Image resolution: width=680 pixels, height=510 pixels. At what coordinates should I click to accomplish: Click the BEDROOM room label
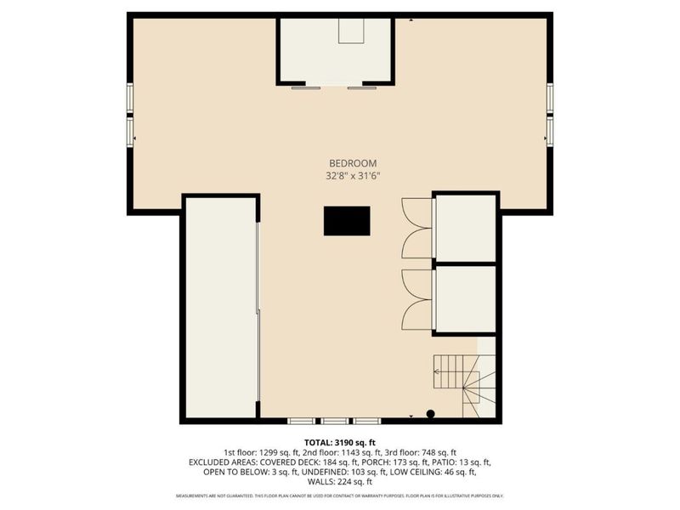pos(353,163)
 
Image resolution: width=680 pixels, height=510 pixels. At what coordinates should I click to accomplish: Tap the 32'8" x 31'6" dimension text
pos(353,176)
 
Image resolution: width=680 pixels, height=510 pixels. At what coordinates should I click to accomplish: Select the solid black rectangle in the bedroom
pos(347,221)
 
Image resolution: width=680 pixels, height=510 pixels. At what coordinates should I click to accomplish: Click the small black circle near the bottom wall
pos(431,414)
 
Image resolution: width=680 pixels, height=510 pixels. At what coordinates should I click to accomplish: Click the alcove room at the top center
pos(337,51)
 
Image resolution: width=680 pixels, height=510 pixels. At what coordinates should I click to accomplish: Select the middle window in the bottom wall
pos(334,421)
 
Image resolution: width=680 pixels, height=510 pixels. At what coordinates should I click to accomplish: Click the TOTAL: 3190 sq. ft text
pos(340,442)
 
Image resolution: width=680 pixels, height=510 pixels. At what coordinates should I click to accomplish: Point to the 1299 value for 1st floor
pos(269,452)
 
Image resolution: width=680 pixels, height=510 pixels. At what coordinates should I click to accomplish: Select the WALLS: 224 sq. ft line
pos(340,482)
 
